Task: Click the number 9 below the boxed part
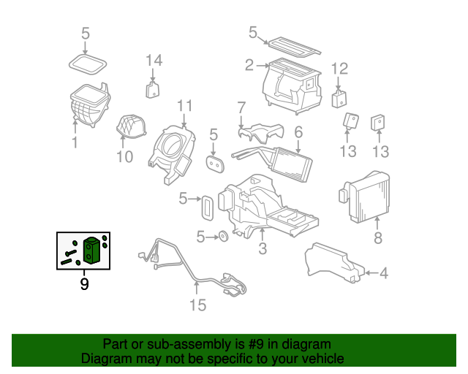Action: click(x=84, y=283)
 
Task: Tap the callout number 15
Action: click(x=198, y=305)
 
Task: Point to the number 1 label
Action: click(x=75, y=142)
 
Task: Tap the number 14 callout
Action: click(x=153, y=60)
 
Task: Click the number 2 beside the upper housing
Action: click(x=249, y=66)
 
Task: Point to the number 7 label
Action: click(x=241, y=107)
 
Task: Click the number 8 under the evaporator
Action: click(x=378, y=238)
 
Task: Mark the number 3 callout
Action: click(x=262, y=250)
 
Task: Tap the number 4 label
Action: click(x=384, y=274)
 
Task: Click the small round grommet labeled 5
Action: click(x=220, y=237)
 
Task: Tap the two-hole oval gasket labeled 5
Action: click(x=215, y=165)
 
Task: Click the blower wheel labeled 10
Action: click(x=129, y=129)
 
